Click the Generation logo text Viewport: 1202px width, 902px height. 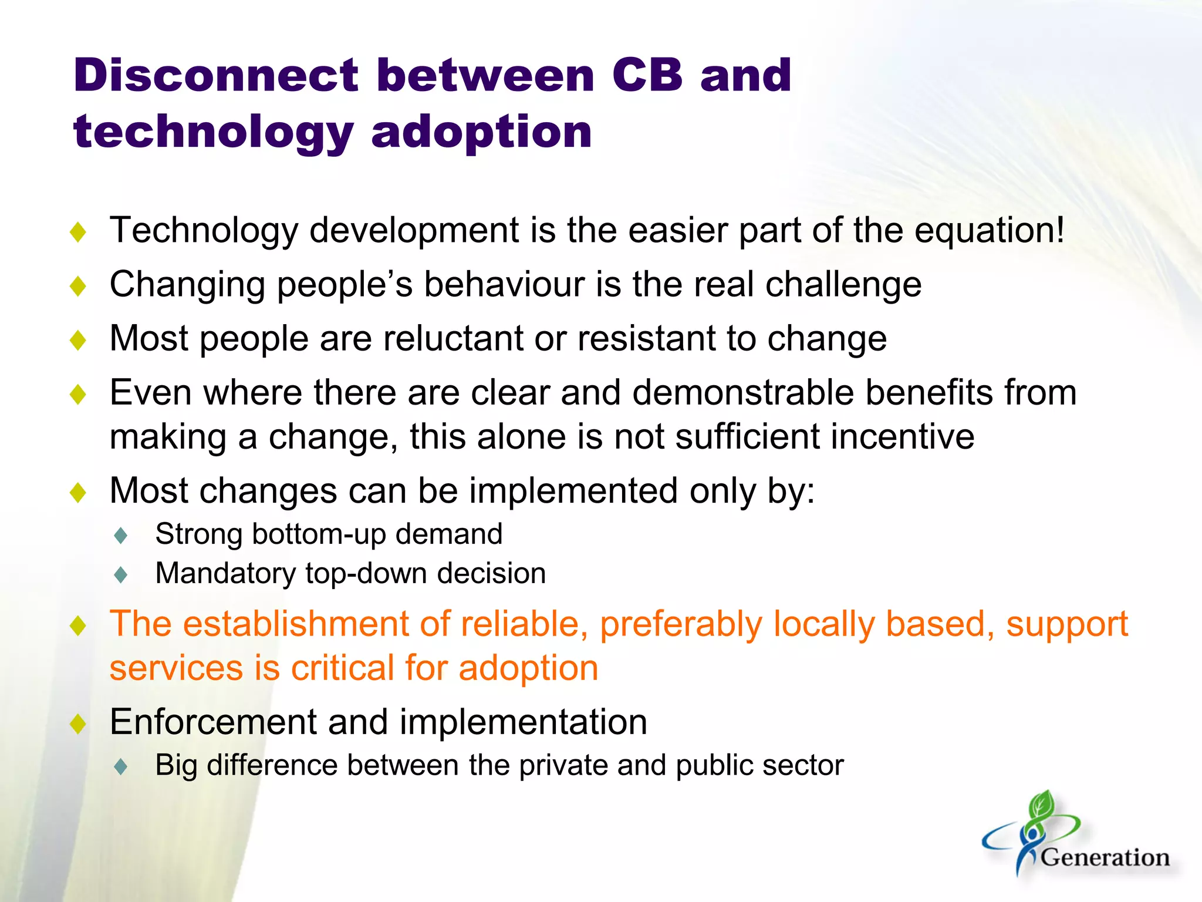(1105, 858)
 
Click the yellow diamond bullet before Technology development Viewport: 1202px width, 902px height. (77, 232)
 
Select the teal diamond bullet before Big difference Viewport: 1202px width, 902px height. (121, 767)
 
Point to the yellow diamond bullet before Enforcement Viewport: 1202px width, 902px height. (77, 723)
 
